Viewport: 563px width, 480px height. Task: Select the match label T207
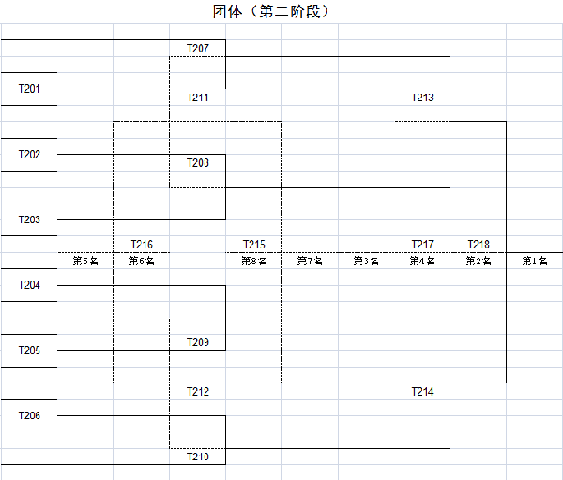click(198, 48)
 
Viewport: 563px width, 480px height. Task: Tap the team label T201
click(30, 89)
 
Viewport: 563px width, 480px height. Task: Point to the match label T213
click(422, 97)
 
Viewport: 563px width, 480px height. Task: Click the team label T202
click(30, 154)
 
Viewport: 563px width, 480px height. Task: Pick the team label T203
click(30, 219)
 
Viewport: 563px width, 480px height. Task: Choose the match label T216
click(142, 245)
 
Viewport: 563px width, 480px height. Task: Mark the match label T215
click(254, 245)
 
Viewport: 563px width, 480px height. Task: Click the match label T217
click(422, 245)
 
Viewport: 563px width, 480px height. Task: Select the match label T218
click(479, 245)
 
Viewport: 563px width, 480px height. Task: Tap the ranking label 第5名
click(85, 262)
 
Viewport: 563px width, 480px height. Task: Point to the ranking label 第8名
click(254, 262)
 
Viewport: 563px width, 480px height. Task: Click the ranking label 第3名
click(366, 262)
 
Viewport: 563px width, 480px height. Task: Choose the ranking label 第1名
click(535, 262)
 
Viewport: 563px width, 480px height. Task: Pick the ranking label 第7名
click(310, 262)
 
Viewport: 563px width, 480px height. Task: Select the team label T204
click(30, 285)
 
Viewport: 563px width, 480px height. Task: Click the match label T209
click(198, 342)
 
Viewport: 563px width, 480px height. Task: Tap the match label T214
click(422, 392)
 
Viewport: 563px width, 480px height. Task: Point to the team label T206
click(30, 415)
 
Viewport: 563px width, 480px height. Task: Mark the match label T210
click(198, 457)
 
